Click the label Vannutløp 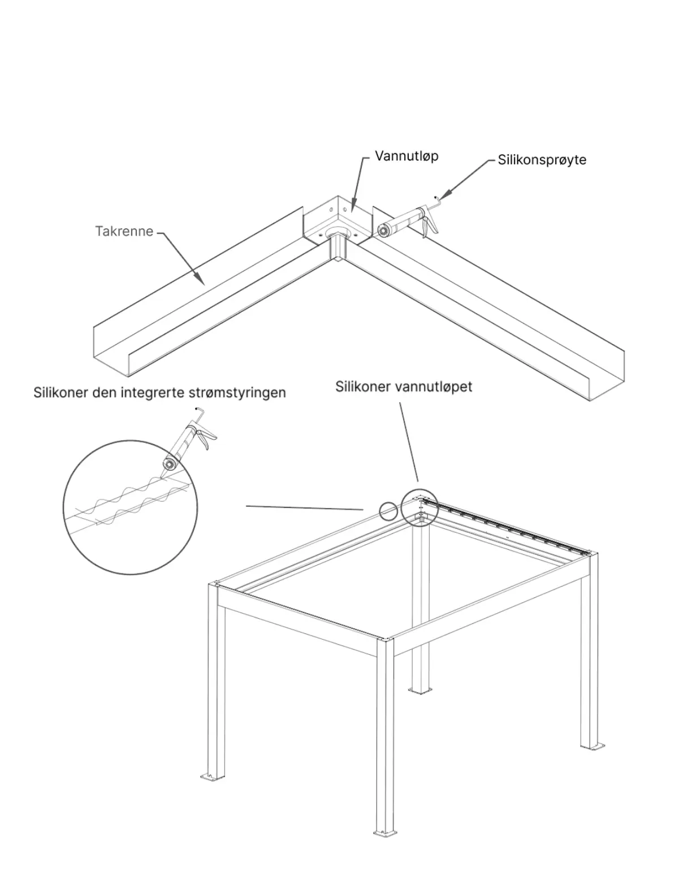tap(406, 156)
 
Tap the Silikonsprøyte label tap(542, 160)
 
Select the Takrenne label tap(124, 231)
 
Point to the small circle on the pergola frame tap(388, 510)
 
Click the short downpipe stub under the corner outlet tap(338, 250)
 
